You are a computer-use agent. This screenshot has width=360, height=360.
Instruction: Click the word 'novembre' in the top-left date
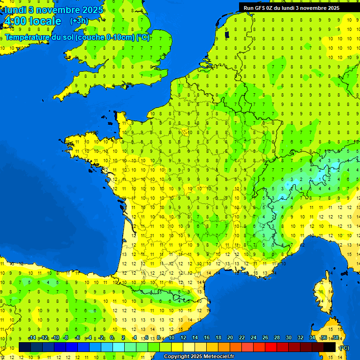point(59,10)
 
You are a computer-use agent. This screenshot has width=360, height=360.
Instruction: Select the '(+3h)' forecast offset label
point(78,21)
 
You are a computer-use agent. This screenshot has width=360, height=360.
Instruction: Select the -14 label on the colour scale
point(31,338)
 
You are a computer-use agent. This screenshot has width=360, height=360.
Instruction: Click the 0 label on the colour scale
point(112,338)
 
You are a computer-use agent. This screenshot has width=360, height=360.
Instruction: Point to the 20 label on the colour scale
point(230,338)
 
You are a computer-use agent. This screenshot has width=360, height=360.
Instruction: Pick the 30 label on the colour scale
point(288,338)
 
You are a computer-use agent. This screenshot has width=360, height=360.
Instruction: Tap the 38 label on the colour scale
point(335,338)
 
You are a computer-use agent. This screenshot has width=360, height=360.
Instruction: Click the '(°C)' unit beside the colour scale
point(344,347)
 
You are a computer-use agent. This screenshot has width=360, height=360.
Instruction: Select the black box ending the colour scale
point(330,347)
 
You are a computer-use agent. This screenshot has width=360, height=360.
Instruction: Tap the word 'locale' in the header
point(45,21)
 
